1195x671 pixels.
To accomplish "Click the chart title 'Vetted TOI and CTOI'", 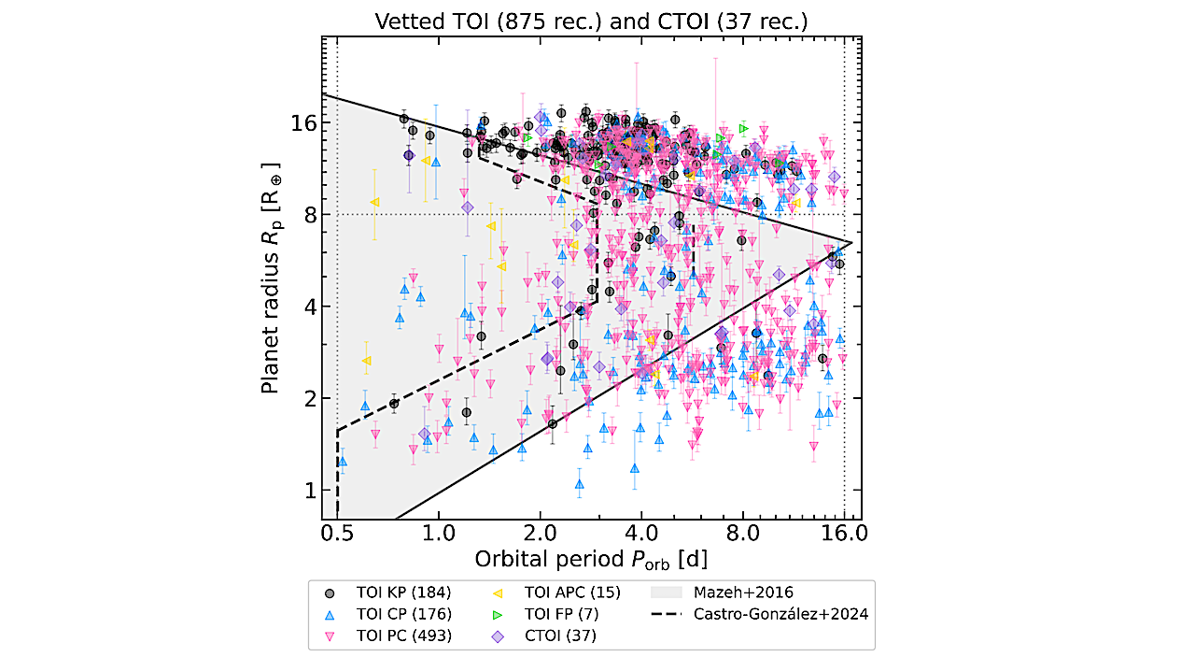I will (x=591, y=21).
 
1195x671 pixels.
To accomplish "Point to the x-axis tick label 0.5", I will (x=337, y=535).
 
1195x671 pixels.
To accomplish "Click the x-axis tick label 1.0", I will (x=438, y=535).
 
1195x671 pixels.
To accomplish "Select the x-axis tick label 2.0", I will (x=540, y=535).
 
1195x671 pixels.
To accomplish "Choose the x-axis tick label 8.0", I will (x=743, y=535).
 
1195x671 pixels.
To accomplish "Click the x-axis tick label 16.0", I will (x=844, y=535).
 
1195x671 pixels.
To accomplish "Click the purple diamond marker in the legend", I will (x=498, y=636).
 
